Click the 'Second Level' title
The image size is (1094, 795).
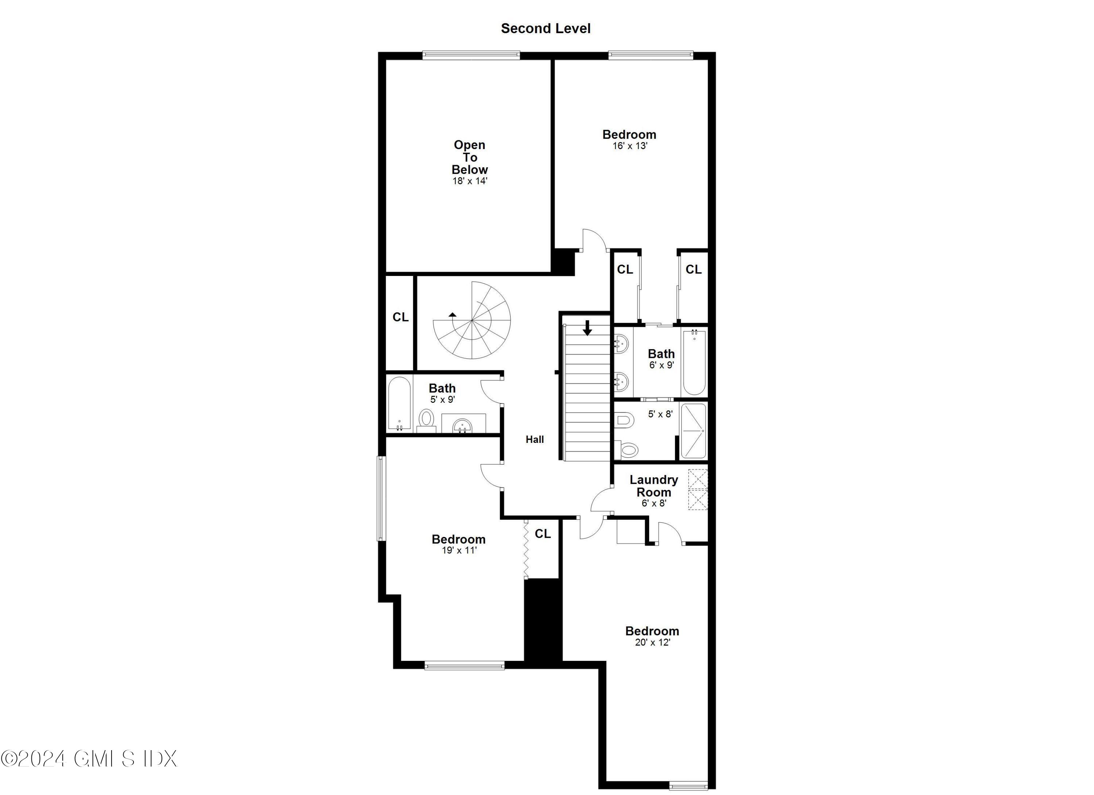point(546,28)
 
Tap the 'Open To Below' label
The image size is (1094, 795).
point(470,157)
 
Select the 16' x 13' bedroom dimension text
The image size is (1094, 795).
point(629,145)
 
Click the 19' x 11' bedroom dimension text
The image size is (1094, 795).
point(459,550)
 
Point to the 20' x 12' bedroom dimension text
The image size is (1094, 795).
point(652,642)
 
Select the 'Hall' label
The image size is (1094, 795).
point(535,439)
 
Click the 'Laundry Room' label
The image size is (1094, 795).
point(653,486)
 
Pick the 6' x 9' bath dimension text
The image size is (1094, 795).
point(661,365)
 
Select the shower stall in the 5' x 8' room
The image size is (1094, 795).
point(693,430)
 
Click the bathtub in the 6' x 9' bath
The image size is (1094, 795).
point(694,362)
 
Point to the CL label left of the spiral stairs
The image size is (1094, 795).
point(400,317)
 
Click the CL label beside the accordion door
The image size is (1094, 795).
point(543,534)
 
